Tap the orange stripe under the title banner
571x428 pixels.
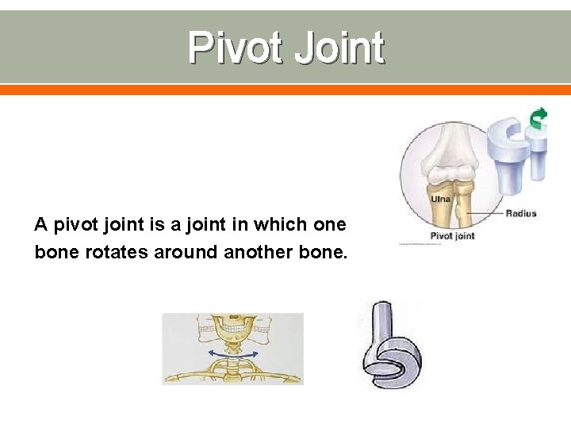pyautogui.click(x=285, y=90)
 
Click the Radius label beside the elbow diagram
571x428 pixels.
pyautogui.click(x=520, y=212)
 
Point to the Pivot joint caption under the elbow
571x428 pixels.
pyautogui.click(x=451, y=235)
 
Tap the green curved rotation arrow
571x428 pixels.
pyautogui.click(x=538, y=119)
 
